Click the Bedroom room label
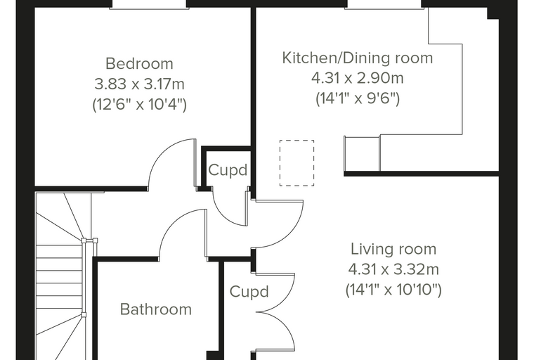coord(139,64)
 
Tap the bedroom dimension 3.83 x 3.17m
coord(139,84)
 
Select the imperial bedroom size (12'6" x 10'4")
coord(139,104)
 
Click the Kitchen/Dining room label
coord(358,58)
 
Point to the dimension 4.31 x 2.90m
coord(358,79)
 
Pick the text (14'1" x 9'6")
coord(358,99)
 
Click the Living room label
coord(393,249)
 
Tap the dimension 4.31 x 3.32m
coord(393,270)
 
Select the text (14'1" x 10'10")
coord(393,290)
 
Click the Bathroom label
coord(156,309)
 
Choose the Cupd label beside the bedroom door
coord(228,170)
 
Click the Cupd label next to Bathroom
coord(249,292)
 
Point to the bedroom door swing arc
coord(161,152)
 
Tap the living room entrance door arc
coord(294,233)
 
